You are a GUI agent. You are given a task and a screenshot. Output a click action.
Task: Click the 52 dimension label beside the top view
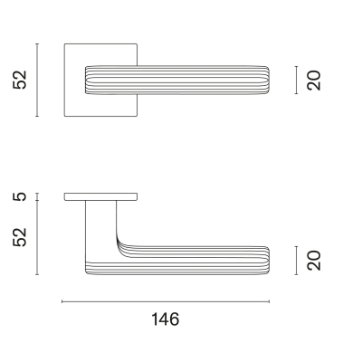coord(21,80)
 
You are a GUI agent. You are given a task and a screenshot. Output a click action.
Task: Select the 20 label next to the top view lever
coord(314,80)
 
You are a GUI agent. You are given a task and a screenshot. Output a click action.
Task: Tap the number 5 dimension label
coord(21,196)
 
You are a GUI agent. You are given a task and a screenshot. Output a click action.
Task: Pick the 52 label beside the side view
coord(21,237)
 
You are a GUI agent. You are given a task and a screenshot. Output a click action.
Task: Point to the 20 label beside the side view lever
coord(314,261)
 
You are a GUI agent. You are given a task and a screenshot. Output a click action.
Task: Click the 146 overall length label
coord(166,319)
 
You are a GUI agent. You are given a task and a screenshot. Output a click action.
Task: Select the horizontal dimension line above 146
coord(166,301)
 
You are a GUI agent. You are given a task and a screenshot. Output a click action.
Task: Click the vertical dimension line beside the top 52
coord(37,80)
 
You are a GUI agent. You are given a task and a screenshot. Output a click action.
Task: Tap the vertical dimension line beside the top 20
coord(298,80)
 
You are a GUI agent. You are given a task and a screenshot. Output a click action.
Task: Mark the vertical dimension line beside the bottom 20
coord(298,261)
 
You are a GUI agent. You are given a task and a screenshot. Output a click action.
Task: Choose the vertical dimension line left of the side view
coord(37,237)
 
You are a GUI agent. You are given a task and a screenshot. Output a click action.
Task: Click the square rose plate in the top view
coord(74,54)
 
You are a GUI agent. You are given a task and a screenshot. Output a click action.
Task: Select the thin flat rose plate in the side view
coord(101,196)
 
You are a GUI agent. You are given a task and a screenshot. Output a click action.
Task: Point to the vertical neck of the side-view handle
coord(100,226)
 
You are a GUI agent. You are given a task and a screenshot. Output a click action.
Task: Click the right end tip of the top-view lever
coord(269,80)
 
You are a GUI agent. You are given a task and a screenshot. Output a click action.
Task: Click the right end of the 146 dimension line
coord(271,301)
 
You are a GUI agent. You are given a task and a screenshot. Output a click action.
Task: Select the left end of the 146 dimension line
coord(62,301)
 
